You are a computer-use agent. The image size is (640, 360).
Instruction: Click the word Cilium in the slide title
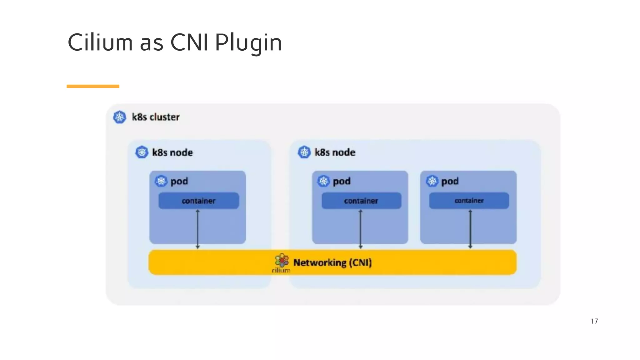coord(100,42)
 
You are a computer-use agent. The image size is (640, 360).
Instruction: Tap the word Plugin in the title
coord(248,43)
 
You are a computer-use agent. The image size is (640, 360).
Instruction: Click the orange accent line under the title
coord(93,86)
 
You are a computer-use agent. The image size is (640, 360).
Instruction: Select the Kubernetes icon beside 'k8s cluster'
coord(119,117)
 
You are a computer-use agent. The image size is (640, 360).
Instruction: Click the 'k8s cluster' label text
coord(156,117)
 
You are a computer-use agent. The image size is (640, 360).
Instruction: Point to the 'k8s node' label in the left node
coord(172,152)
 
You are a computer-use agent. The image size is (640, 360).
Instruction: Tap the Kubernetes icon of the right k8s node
coord(304,152)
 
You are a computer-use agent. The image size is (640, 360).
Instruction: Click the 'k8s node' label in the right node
coord(335,152)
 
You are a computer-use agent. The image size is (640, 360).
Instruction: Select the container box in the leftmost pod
coord(199,201)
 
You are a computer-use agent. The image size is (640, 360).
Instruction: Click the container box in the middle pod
coord(361,201)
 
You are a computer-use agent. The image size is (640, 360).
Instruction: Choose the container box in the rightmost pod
coord(469,200)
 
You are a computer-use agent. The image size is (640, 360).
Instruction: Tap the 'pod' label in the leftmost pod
coord(179,181)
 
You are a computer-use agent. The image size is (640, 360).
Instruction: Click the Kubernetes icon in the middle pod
coord(323,181)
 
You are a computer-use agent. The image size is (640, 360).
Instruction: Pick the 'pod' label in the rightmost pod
coord(450,181)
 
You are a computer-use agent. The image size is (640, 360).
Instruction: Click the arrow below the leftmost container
coord(197,229)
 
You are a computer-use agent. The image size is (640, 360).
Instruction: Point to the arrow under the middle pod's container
coord(360,229)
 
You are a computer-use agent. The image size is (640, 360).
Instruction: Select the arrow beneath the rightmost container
coord(470,229)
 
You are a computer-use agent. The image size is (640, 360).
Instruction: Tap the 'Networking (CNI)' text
coord(332,262)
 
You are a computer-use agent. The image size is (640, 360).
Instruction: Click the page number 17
coord(594,321)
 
